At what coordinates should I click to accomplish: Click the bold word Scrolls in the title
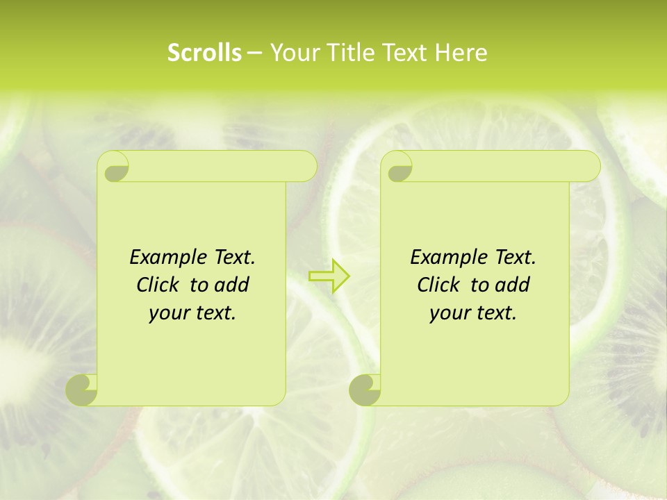click(x=205, y=53)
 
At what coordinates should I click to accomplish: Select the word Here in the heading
click(x=461, y=53)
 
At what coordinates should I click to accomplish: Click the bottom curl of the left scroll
click(x=82, y=390)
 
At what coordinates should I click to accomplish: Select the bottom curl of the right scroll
click(x=365, y=390)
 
